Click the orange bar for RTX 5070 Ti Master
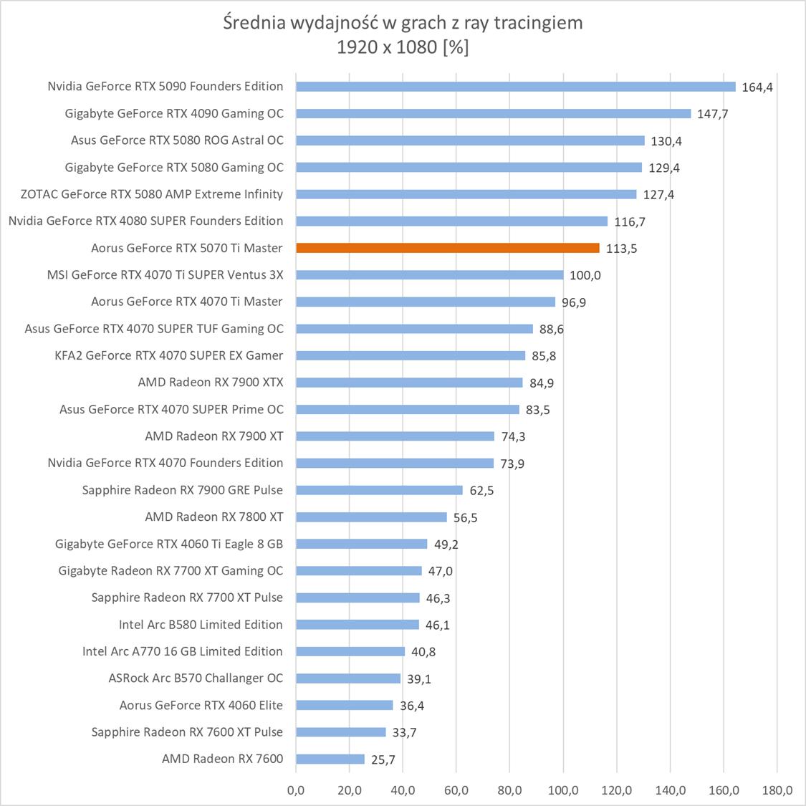coord(447,248)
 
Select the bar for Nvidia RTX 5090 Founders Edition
coord(515,87)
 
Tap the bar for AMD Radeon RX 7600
coord(330,759)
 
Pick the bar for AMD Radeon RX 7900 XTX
coord(409,383)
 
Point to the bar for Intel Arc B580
coord(357,625)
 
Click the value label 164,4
coord(757,87)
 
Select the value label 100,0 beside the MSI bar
coord(585,275)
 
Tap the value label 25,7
coord(383,759)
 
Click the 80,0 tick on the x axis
coord(509,790)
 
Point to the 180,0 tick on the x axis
coord(777,790)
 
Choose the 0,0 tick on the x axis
coord(295,790)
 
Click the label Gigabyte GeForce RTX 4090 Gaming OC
coord(174,113)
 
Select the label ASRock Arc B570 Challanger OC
coord(196,678)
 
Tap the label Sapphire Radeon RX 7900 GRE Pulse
coord(182,490)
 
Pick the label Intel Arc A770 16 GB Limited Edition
coord(182,651)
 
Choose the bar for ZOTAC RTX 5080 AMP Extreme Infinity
coord(466,194)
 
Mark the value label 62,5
coord(481,491)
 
